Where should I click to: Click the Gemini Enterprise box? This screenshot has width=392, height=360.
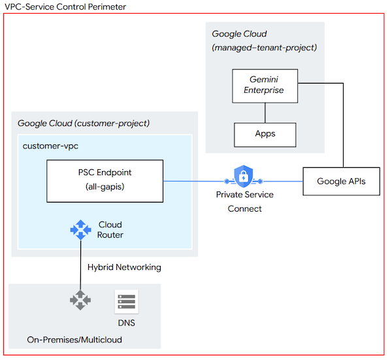[265, 85]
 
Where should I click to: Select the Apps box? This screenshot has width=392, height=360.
[265, 134]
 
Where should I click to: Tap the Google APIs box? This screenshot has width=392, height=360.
[342, 181]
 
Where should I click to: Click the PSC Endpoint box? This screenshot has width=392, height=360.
[104, 181]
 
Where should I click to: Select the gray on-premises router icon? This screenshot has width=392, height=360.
[80, 301]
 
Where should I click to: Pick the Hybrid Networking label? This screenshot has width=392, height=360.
[124, 267]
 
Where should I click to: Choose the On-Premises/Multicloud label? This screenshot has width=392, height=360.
[74, 340]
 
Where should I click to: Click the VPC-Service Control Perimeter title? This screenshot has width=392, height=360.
[63, 7]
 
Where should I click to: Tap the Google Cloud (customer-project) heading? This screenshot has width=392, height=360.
[84, 123]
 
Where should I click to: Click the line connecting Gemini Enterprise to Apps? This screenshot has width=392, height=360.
[265, 112]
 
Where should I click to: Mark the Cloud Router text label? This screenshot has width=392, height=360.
[110, 229]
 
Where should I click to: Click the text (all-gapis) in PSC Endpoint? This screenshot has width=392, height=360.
[104, 188]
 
